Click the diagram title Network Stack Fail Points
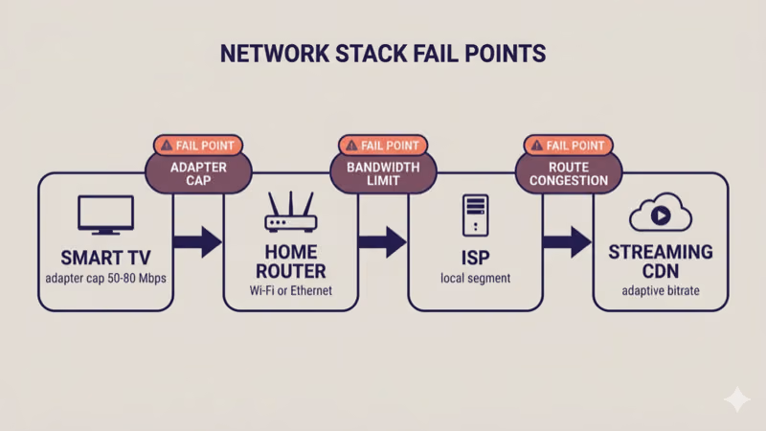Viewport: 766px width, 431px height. (383, 53)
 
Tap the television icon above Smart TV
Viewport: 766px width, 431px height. (105, 216)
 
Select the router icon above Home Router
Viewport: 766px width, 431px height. (290, 214)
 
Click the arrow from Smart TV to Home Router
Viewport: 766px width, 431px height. (197, 241)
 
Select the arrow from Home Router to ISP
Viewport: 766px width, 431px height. (382, 241)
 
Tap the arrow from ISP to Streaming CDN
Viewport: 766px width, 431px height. (567, 241)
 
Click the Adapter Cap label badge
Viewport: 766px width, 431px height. (198, 172)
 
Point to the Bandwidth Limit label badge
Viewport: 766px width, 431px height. (383, 172)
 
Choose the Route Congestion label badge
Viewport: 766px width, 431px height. (568, 172)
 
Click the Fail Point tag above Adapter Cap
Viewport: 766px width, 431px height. (198, 146)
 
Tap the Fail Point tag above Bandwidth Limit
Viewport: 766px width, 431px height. (383, 146)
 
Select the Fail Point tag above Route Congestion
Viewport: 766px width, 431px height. (568, 146)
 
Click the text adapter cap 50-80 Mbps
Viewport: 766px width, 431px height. (105, 279)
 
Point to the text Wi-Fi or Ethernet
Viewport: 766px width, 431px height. (290, 289)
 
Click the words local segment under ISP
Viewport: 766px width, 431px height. (476, 279)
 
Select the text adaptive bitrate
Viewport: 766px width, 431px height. (660, 289)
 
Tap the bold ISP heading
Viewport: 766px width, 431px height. (476, 257)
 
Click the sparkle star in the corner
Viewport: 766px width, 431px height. (736, 399)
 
